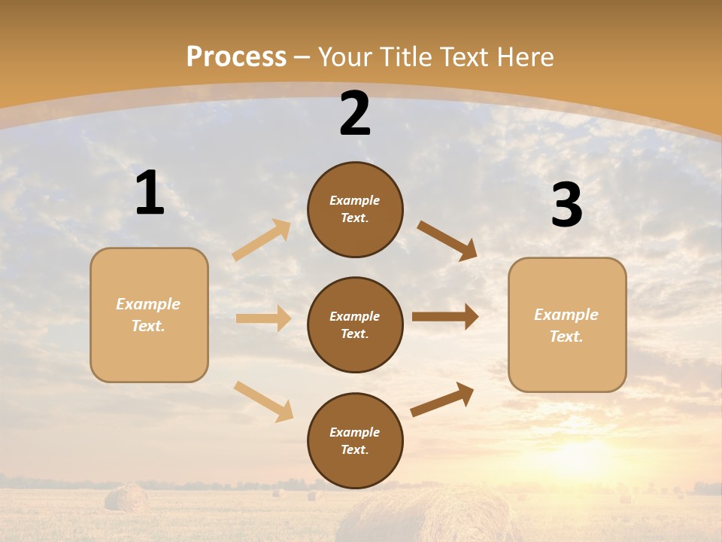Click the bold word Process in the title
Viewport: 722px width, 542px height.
click(x=236, y=57)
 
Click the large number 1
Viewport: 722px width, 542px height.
click(x=150, y=193)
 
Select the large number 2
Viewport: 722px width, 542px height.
click(x=355, y=114)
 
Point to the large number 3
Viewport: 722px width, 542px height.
click(x=566, y=206)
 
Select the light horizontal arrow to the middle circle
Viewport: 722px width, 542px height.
click(x=264, y=318)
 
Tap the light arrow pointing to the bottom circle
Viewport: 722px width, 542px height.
click(x=264, y=401)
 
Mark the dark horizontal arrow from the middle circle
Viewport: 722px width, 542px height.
click(x=445, y=317)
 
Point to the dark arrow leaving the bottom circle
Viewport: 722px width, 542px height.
click(x=443, y=400)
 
